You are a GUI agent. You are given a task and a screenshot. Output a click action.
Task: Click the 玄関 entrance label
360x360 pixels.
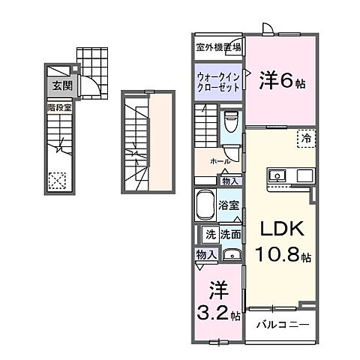[x=60, y=86]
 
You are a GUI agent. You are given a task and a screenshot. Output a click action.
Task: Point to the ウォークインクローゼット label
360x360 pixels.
[x=217, y=82]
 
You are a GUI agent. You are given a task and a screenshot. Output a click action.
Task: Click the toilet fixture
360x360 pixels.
[x=232, y=122]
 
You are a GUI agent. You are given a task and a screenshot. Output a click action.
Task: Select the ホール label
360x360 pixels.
[x=220, y=161]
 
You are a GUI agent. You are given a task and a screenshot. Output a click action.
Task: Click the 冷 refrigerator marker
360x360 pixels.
[x=306, y=136]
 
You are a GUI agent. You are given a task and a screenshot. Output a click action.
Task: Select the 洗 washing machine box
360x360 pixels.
[x=211, y=234]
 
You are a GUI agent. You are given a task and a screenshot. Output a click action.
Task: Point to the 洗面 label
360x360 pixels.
[x=229, y=234]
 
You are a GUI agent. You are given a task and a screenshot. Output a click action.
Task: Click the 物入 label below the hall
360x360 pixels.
[x=230, y=181]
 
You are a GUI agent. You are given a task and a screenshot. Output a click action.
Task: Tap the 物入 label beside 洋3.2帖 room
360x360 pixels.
[x=206, y=255]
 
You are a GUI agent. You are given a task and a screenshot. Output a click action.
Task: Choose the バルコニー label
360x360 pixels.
[x=278, y=324]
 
